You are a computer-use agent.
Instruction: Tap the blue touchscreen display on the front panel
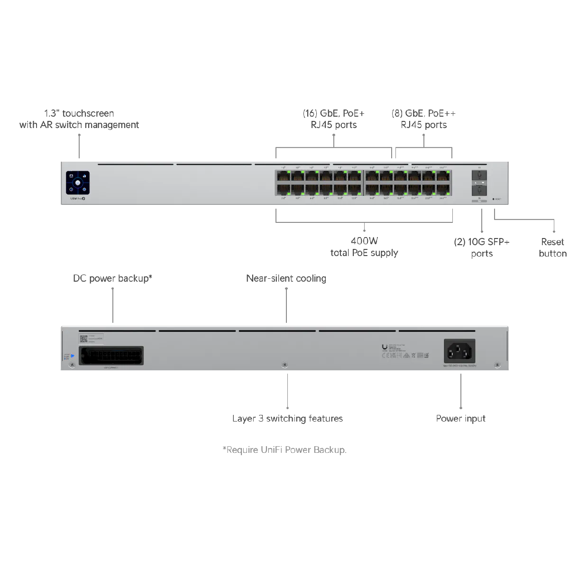tap(77, 183)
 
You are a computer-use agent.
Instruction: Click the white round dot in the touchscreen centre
tap(77, 183)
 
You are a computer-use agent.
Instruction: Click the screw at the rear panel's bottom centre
tap(284, 365)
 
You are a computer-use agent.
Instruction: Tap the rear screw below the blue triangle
tap(72, 365)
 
